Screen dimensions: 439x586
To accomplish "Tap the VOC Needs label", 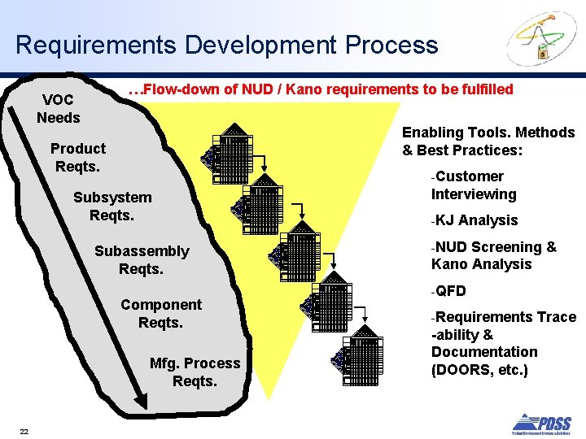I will coord(59,109).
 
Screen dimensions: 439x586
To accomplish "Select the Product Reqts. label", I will coord(78,158).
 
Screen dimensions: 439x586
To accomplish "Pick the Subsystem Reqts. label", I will coord(112,206).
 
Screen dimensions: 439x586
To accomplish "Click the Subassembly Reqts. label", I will coord(142,260).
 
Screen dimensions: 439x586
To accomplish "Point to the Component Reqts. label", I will coord(161,314).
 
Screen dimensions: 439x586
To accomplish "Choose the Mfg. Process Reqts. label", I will coord(195,372).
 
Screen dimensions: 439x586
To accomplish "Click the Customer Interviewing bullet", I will coord(474,185).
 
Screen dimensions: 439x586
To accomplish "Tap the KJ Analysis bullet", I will coord(476,220).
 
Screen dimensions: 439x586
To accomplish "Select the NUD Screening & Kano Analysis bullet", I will coord(493,255).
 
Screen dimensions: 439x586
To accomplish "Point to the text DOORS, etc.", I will coord(479,370).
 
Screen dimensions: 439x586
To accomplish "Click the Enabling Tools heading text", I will coord(488,141).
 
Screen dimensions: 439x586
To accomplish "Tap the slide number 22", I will coord(24,431).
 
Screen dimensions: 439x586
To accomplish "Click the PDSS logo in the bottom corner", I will coord(540,423).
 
